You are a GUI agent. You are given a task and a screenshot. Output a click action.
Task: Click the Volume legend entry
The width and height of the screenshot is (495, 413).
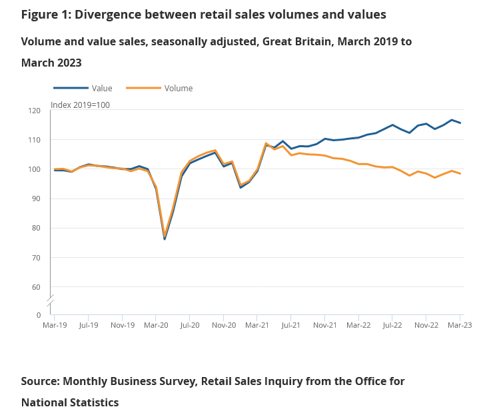coord(178,88)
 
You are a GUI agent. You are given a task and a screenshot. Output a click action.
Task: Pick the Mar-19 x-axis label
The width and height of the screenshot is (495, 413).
coord(54,326)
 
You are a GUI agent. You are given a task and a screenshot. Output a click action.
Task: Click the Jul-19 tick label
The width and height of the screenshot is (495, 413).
coord(89,326)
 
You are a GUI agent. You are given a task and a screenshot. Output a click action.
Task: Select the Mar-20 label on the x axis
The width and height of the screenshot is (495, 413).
coord(155,326)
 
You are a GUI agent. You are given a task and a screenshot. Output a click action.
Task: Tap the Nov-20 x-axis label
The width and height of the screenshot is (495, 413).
coord(224,326)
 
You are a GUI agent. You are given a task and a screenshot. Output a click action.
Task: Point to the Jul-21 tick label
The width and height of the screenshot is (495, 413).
coord(290,326)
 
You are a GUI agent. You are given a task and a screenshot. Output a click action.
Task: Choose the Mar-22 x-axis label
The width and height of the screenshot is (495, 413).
coord(358,326)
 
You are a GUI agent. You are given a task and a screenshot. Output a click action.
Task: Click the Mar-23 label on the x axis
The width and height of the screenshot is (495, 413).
coord(459,326)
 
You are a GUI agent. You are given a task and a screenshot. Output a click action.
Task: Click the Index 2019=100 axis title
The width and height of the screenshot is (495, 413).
coord(80,105)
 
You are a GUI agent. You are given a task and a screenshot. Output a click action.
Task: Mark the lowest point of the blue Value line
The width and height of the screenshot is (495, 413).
coord(165,238)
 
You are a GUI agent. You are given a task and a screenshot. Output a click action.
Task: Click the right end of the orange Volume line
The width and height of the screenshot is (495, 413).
coord(460,173)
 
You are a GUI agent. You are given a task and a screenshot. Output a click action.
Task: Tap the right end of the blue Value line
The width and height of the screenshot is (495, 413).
coord(460,123)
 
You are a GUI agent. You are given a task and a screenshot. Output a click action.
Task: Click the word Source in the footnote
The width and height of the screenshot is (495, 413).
coord(39,381)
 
